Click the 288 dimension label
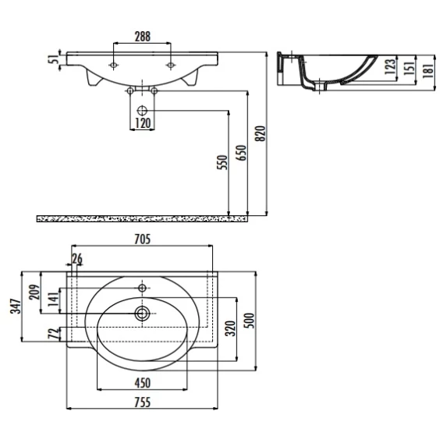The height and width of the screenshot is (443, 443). pyautogui.click(x=143, y=37)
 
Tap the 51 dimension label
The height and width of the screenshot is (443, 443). pyautogui.click(x=54, y=59)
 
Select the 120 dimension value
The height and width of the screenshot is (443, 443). pyautogui.click(x=143, y=123)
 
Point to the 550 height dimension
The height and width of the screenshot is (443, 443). pyautogui.click(x=222, y=162)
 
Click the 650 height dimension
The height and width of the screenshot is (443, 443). pyautogui.click(x=241, y=153)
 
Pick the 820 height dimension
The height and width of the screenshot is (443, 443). pyautogui.click(x=260, y=133)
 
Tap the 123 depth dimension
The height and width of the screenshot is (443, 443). pyautogui.click(x=391, y=66)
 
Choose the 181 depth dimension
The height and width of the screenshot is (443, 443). pyautogui.click(x=429, y=70)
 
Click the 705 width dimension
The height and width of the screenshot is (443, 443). pyautogui.click(x=143, y=239)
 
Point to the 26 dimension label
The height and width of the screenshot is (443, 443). pyautogui.click(x=77, y=259)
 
